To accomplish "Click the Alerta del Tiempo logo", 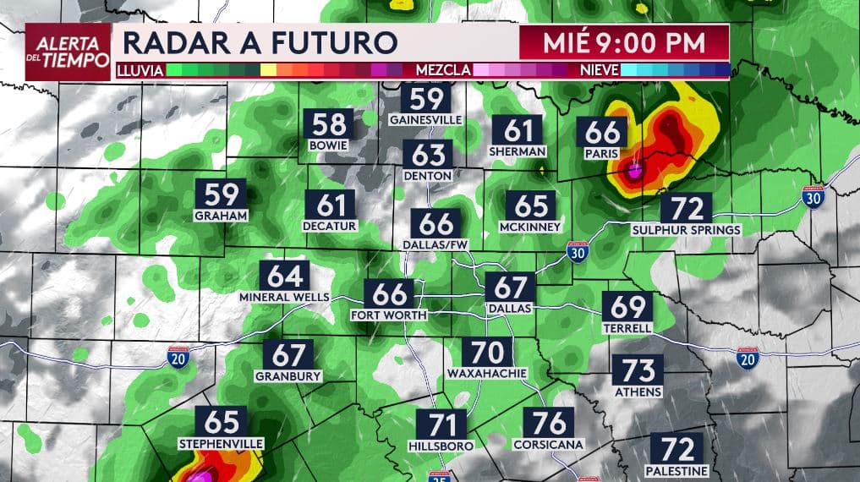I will coord(68,51).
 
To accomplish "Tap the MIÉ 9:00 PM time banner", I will coord(624,41).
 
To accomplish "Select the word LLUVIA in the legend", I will coord(140,70).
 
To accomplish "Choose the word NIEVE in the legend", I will coord(599,70).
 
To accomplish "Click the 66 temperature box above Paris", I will coord(602,133).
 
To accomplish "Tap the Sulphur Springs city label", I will coord(687,229).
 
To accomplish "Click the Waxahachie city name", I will coord(487,373).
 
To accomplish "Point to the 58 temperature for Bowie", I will coord(329,125).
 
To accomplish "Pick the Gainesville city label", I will coord(426,120).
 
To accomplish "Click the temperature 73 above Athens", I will coord(638,370).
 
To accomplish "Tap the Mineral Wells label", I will coord(285,298).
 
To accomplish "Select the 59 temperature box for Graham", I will coord(220,194).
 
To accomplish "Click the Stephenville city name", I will coord(221,443).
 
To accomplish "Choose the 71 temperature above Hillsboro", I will coord(441,424).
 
